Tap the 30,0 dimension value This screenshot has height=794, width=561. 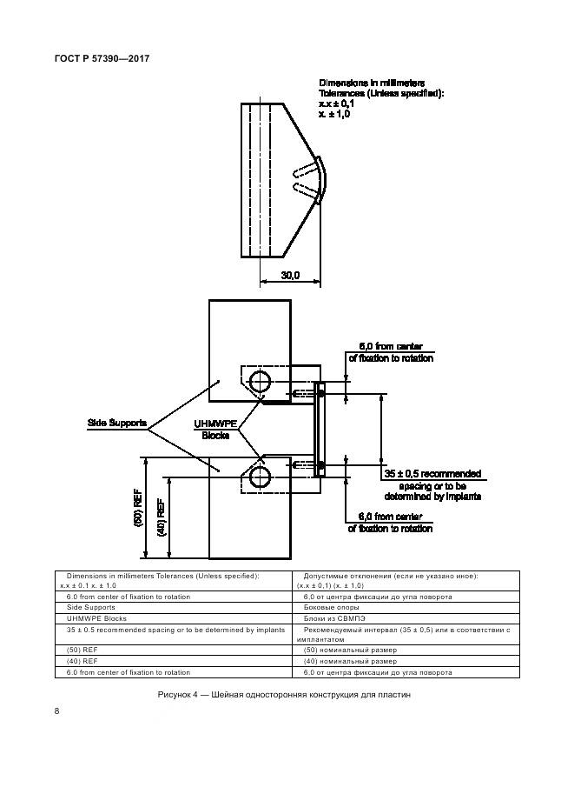click(290, 276)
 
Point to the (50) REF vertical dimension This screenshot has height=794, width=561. click(138, 509)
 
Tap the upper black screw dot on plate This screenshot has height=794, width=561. click(320, 394)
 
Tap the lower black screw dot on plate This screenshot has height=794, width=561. click(320, 467)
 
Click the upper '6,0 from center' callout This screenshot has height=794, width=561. click(390, 351)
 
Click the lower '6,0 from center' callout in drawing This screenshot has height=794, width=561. click(390, 522)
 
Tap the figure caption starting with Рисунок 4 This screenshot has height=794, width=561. click(283, 695)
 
